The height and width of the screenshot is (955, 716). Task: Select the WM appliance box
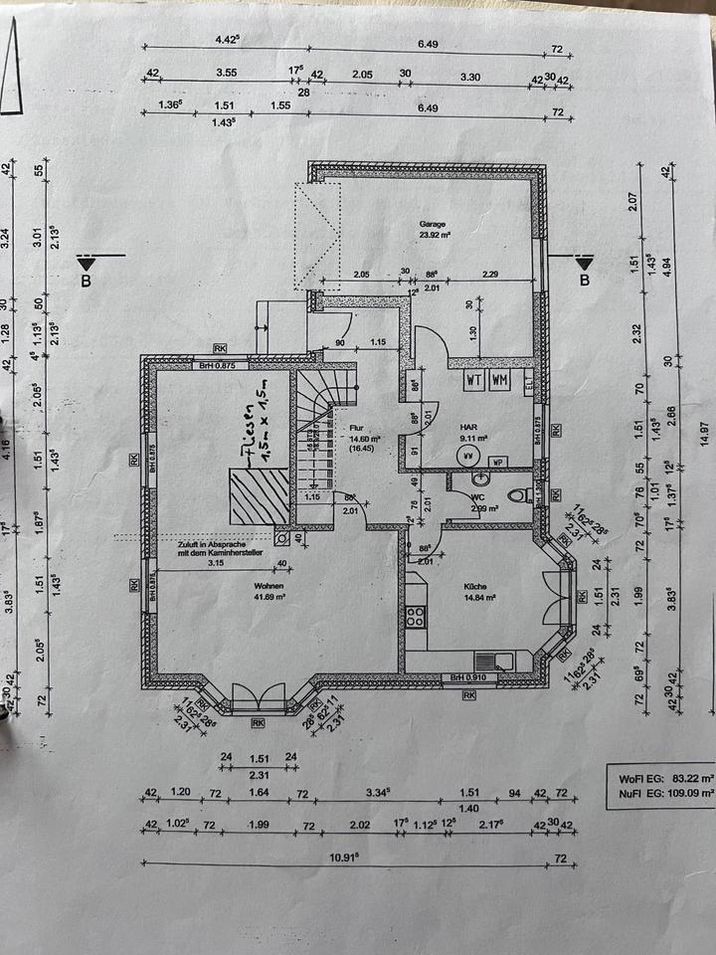[499, 380]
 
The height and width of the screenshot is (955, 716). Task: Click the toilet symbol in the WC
[516, 494]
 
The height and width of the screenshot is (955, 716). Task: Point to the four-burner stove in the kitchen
[415, 615]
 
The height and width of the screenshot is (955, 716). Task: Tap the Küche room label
[473, 586]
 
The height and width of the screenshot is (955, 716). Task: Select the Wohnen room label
[268, 586]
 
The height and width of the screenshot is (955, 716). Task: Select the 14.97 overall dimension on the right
[704, 428]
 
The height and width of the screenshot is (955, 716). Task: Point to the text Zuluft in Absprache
[211, 546]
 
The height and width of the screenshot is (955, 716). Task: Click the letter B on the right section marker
[584, 281]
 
